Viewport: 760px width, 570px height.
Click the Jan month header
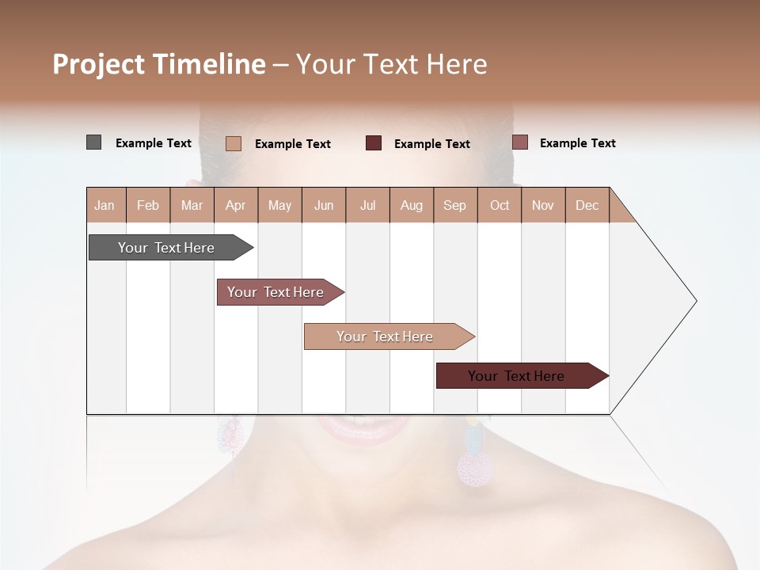tap(105, 205)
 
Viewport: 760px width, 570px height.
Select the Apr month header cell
tap(236, 205)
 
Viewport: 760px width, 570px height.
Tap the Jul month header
tap(368, 205)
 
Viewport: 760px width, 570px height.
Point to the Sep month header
tap(455, 205)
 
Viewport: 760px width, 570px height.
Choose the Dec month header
tap(587, 205)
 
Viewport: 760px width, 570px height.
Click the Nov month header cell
tap(543, 205)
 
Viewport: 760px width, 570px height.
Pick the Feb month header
tap(148, 205)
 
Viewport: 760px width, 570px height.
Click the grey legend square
tap(93, 142)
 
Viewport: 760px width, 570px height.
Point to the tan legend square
tap(234, 143)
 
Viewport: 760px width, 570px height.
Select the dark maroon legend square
tap(374, 143)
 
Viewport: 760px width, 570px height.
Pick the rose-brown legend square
tap(519, 142)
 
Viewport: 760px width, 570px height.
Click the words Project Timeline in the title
tap(159, 64)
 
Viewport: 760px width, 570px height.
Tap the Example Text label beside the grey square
tap(154, 143)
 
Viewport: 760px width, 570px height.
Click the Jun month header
tap(324, 205)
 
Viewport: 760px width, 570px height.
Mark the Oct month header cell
tap(500, 205)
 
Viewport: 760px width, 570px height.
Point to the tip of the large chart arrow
tap(695, 301)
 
